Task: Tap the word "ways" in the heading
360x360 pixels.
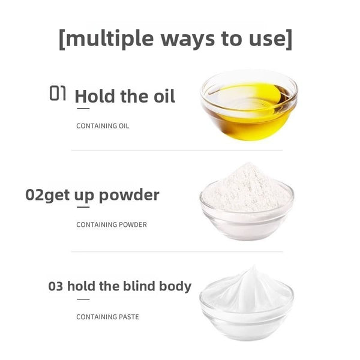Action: click(188, 40)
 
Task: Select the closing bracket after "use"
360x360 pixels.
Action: click(289, 39)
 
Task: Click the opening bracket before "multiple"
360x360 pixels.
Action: click(62, 39)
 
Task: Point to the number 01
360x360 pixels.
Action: click(58, 93)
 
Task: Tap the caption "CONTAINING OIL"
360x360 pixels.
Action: click(103, 126)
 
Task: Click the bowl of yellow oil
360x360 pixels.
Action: click(249, 106)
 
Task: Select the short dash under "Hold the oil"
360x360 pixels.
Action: click(83, 109)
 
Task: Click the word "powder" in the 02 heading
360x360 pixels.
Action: click(129, 196)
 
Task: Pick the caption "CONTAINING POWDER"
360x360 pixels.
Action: click(112, 224)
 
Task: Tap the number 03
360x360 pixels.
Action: click(56, 286)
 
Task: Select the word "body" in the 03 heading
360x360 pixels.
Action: click(175, 287)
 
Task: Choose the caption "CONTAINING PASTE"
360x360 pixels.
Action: click(107, 317)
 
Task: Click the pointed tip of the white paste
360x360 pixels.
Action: click(254, 266)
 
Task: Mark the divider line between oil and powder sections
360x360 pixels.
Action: click(177, 151)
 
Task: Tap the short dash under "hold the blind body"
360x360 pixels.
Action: click(83, 299)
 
